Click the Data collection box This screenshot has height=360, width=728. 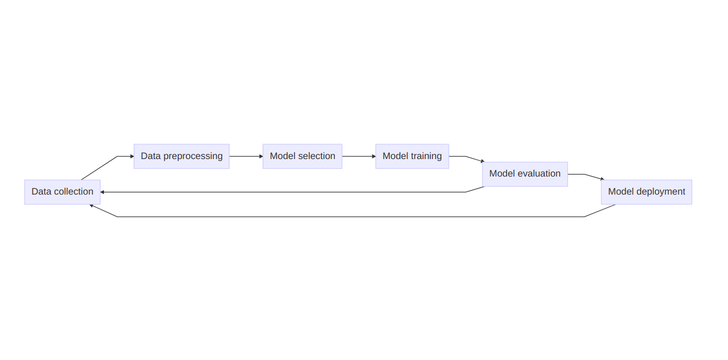click(63, 192)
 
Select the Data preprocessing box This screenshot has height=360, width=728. click(182, 156)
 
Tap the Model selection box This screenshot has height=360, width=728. click(303, 156)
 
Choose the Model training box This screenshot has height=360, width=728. click(412, 156)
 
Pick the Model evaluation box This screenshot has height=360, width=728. click(525, 174)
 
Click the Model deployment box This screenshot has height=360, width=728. click(646, 192)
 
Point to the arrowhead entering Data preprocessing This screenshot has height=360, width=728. click(132, 156)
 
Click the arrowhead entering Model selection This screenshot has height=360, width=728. click(261, 156)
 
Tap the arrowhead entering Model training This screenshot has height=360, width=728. click(374, 156)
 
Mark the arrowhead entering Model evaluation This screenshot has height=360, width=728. click(483, 161)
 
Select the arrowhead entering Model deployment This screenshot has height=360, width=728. click(602, 179)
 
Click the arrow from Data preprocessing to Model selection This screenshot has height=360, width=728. click(246, 156)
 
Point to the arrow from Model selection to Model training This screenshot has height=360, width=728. click(359, 156)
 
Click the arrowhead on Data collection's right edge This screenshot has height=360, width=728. click(102, 192)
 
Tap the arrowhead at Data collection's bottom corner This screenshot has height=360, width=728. click(91, 206)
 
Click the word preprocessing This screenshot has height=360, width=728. click(193, 156)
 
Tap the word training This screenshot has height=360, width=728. click(426, 156)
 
